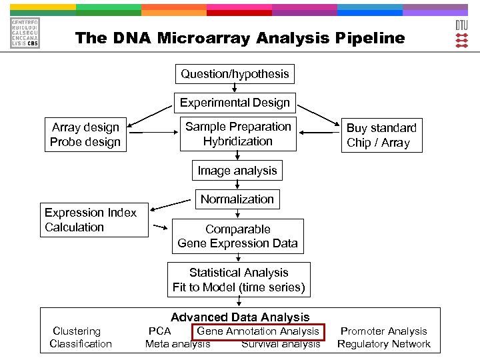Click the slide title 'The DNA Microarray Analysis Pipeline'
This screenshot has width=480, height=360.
[240, 38]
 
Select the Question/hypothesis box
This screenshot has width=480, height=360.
[235, 74]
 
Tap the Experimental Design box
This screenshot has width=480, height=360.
[235, 103]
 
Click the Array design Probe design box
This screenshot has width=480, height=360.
[85, 135]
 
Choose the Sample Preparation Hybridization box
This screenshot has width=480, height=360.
[238, 134]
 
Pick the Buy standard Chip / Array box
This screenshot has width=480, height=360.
[381, 135]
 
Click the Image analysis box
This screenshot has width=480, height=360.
[237, 171]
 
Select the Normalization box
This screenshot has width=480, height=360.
[237, 199]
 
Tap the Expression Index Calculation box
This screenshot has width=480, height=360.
[94, 220]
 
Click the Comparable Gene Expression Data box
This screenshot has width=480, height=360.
[237, 236]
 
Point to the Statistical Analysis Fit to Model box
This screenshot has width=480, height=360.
[239, 280]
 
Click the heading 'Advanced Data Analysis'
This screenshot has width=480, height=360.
[240, 317]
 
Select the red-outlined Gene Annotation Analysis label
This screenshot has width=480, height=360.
[258, 331]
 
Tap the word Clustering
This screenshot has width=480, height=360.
[77, 331]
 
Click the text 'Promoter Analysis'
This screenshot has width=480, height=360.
[384, 331]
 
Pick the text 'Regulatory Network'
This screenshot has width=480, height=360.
[384, 344]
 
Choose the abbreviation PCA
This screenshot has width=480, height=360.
[160, 331]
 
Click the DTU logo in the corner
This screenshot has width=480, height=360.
[461, 33]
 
